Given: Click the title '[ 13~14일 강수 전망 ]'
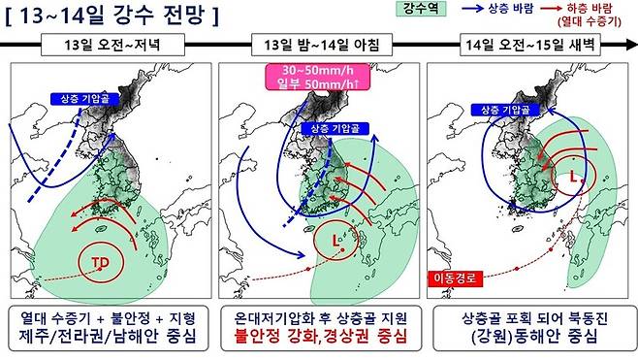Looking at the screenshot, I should click(111, 16).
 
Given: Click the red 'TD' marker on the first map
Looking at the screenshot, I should click(101, 263).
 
